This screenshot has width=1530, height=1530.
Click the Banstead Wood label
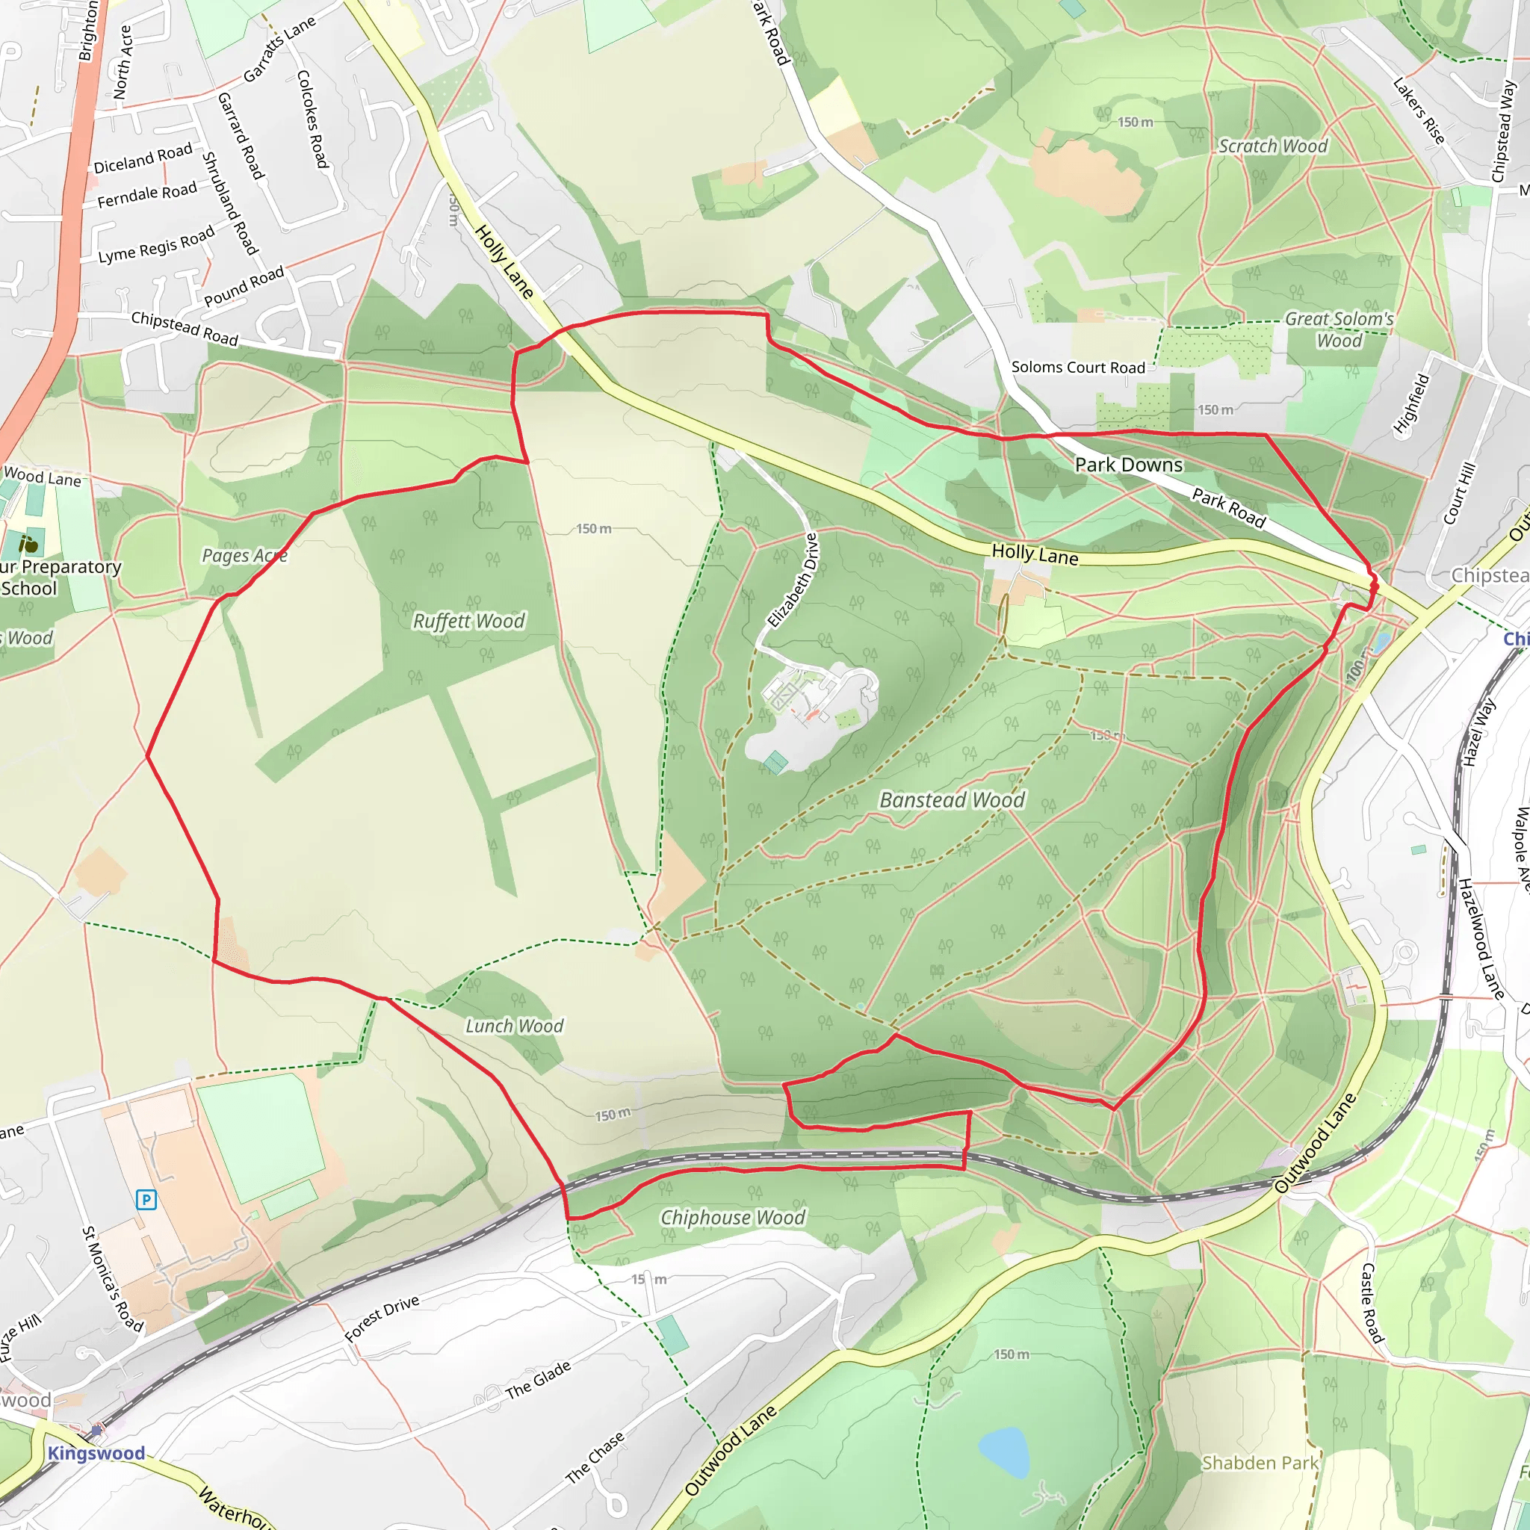coord(952,800)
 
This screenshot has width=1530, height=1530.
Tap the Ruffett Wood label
coord(469,621)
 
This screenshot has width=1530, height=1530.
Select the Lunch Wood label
coord(514,1026)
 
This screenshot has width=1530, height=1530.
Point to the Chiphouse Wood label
coord(733,1217)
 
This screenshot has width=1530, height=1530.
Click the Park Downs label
coord(1129,465)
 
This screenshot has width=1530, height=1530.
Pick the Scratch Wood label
coord(1272,146)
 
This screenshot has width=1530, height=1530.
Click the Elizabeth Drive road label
coord(793,580)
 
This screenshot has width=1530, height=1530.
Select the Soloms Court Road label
coord(1078,368)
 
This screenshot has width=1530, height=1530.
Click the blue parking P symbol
coord(146,1200)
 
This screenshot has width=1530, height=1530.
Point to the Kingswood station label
coord(96,1452)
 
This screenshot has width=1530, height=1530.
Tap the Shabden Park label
coord(1260,1463)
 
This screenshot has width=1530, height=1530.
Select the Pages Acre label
coord(244,555)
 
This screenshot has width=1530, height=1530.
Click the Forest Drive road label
coord(382,1319)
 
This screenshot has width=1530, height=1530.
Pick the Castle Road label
coord(1372,1303)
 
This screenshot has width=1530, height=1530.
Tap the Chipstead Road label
coord(185,328)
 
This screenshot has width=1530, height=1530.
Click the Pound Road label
coord(244,287)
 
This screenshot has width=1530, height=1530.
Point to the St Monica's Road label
coord(113,1278)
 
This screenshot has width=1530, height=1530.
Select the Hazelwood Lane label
coord(1481,938)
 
